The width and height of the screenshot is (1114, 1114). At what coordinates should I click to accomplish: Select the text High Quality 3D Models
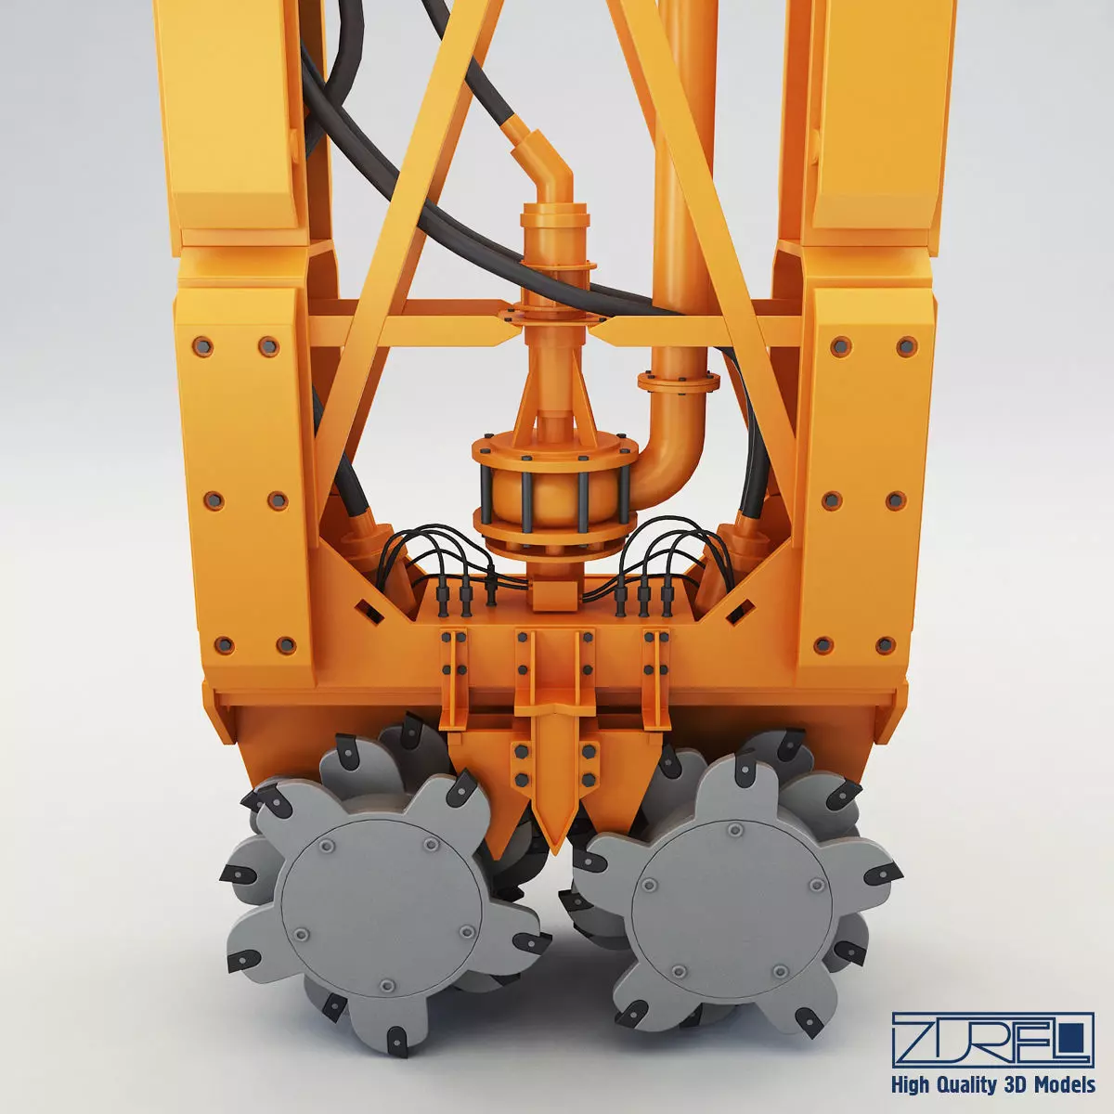point(992,1084)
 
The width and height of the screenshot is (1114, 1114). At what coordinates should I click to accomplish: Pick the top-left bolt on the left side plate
point(201,346)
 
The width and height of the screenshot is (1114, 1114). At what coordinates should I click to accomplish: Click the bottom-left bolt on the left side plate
point(224,644)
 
